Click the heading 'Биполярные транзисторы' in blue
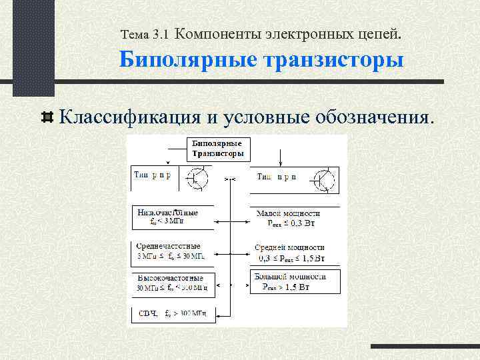pyautogui.click(x=262, y=61)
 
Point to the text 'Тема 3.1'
pyautogui.click(x=146, y=33)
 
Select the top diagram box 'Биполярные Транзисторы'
pyautogui.click(x=217, y=148)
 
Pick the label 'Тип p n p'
pyautogui.click(x=153, y=176)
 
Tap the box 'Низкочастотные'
pyautogui.click(x=171, y=216)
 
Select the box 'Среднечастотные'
pyautogui.click(x=171, y=250)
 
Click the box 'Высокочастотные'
pyautogui.click(x=171, y=283)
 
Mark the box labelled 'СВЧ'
pyautogui.click(x=171, y=312)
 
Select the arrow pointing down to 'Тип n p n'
pyautogui.click(x=281, y=157)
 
